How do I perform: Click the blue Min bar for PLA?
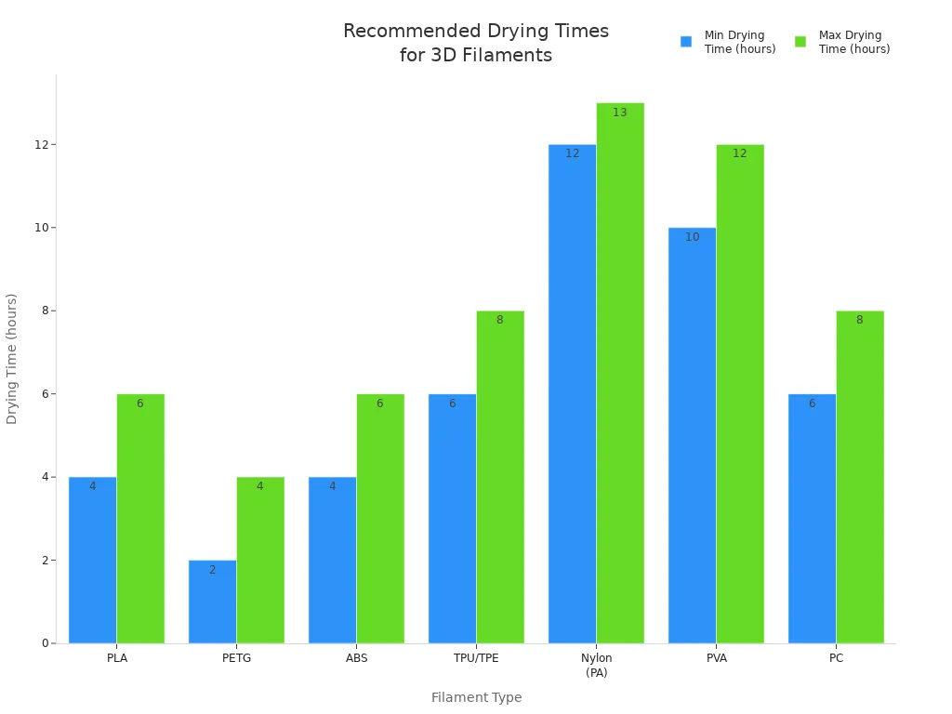point(92,560)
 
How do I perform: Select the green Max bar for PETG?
point(260,560)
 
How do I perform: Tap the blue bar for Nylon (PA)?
point(572,393)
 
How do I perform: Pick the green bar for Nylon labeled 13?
point(620,373)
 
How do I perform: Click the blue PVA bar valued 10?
point(692,435)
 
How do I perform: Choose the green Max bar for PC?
point(860,477)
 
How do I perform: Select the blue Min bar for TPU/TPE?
point(452,518)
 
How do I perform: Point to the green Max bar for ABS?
point(380,518)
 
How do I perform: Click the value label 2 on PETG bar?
point(212,570)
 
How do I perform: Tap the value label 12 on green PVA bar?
point(740,153)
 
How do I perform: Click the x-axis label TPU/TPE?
point(476,658)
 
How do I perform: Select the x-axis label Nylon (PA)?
point(597,665)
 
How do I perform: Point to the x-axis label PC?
point(837,658)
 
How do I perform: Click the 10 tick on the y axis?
point(42,228)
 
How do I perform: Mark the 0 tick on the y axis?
point(45,643)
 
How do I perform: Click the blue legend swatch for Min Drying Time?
point(686,42)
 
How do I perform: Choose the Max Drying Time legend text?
point(853,42)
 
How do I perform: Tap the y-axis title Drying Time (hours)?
point(12,358)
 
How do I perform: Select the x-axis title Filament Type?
point(476,697)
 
